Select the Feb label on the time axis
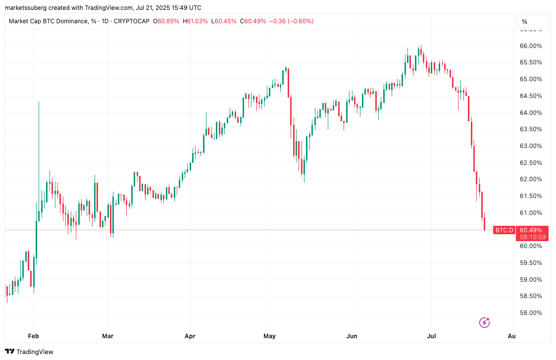coord(33,336)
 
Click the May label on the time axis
coord(269,336)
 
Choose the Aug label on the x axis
coord(511,336)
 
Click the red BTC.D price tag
coord(504,230)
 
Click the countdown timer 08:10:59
coord(532,237)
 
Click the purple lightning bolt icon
coord(484,323)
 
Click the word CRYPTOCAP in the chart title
coord(132,21)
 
